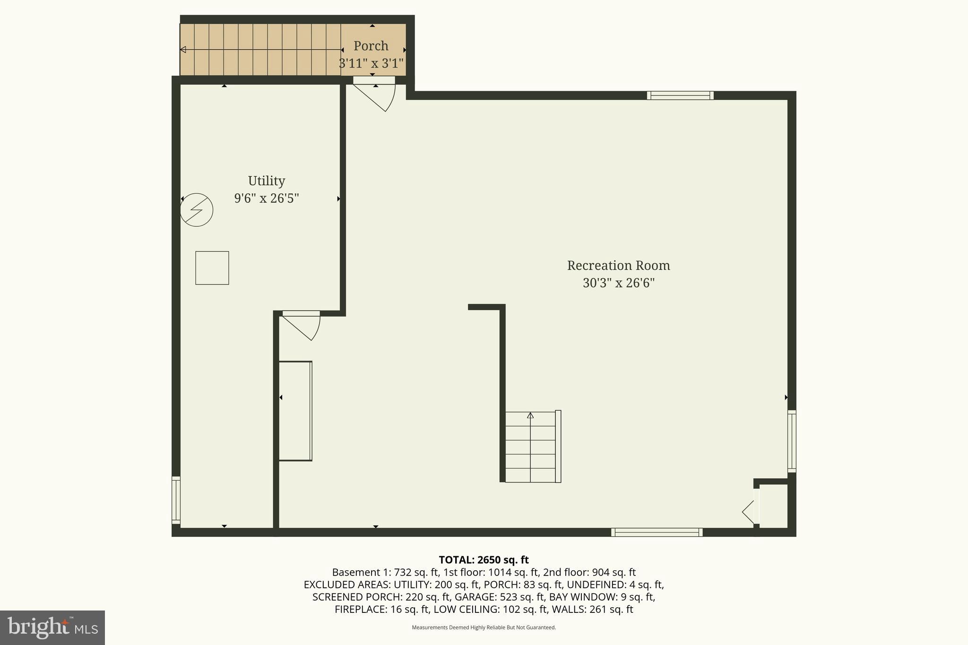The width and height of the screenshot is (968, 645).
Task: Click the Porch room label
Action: tap(371, 46)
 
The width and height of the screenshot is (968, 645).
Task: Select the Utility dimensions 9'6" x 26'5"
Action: tap(267, 198)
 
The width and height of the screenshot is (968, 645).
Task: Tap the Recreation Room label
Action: tap(618, 266)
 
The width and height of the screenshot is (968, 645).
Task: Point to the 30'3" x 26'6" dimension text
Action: tap(618, 283)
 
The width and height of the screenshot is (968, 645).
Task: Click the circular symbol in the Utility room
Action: tap(197, 210)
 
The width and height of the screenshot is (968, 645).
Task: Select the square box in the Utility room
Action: tap(212, 268)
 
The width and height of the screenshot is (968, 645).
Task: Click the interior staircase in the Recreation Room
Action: tap(531, 447)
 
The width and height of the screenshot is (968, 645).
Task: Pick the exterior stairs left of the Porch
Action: tap(260, 50)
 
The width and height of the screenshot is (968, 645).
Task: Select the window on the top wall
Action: tap(680, 95)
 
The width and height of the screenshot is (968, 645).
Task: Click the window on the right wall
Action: tap(792, 441)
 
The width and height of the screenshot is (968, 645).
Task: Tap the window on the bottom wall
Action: tap(657, 532)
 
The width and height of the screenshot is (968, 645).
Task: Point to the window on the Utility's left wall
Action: tap(176, 500)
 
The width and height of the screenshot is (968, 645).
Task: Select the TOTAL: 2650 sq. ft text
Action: tap(484, 560)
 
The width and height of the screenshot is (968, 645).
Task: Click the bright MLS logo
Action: tap(52, 628)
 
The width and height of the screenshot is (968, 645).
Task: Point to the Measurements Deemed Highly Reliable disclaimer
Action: tap(484, 628)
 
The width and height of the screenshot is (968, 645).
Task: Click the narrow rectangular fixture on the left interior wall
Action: tap(295, 411)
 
